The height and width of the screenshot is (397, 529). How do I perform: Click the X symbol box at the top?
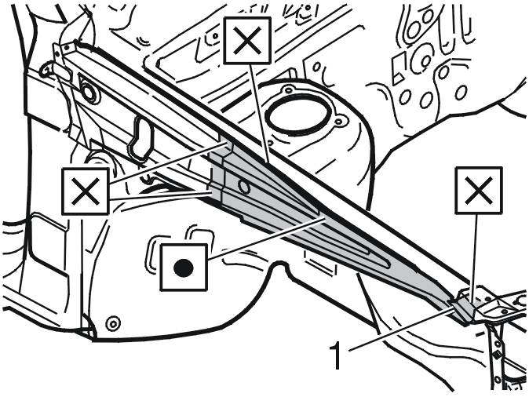pyautogui.click(x=248, y=41)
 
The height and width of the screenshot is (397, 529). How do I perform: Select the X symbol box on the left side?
pyautogui.click(x=86, y=191)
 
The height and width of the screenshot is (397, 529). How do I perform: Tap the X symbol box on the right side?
pyautogui.click(x=479, y=191)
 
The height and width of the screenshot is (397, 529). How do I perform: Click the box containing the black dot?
pyautogui.click(x=184, y=268)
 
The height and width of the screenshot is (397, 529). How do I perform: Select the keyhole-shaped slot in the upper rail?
pyautogui.click(x=140, y=137)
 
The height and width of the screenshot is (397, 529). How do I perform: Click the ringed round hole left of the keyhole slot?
pyautogui.click(x=89, y=93)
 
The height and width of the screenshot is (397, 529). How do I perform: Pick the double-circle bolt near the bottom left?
pyautogui.click(x=112, y=324)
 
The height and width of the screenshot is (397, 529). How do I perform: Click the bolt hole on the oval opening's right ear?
pyautogui.click(x=340, y=121)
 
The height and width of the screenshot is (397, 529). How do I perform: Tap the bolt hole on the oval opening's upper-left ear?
pyautogui.click(x=288, y=90)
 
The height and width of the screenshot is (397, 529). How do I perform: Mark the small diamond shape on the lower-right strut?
pyautogui.click(x=496, y=355)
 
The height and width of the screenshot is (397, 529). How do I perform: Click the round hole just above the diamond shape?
pyautogui.click(x=496, y=344)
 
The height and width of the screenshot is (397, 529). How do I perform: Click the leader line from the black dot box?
pyautogui.click(x=266, y=239)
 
